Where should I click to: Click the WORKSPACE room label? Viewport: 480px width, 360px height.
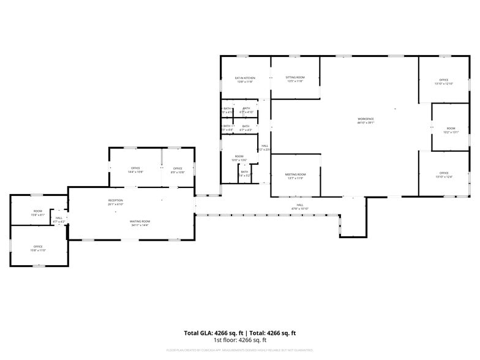click(366, 119)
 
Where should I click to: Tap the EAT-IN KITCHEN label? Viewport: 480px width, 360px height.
click(246, 78)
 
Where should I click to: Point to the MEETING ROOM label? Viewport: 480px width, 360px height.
click(295, 174)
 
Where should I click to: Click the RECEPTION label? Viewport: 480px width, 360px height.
click(116, 200)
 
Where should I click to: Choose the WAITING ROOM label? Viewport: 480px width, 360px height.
click(140, 221)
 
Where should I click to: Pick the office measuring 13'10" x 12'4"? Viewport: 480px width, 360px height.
click(444, 174)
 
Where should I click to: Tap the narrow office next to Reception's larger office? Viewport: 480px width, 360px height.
click(178, 170)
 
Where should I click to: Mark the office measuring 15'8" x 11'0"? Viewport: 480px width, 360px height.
click(38, 248)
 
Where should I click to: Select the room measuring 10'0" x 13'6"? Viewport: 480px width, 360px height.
click(239, 158)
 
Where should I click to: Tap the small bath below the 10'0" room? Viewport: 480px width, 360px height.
click(244, 173)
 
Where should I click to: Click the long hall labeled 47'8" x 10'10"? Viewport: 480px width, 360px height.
click(300, 206)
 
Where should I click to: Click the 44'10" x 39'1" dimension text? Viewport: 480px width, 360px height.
click(366, 122)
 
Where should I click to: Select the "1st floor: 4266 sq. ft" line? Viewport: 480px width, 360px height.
click(239, 340)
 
